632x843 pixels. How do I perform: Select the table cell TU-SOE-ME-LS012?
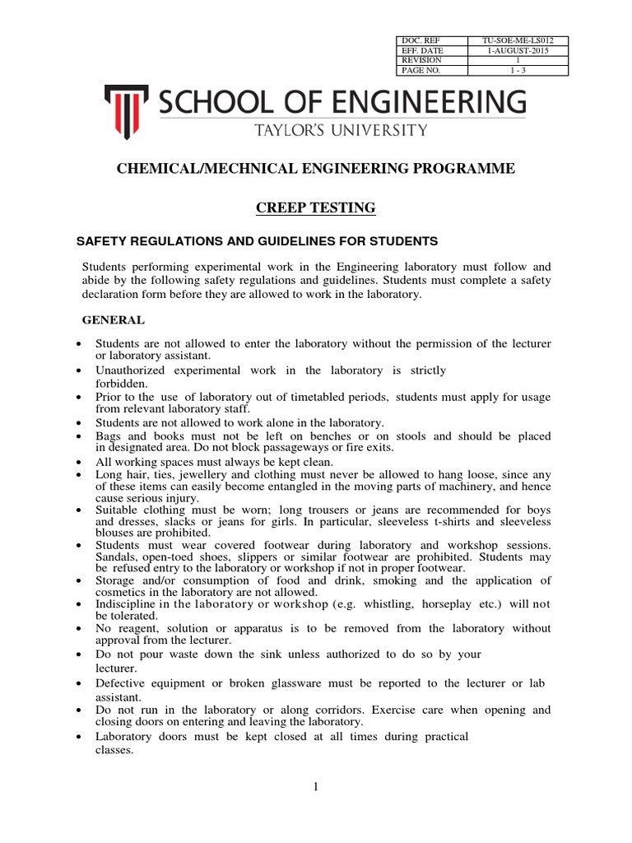pyautogui.click(x=518, y=40)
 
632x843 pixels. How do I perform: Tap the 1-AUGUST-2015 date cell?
pyautogui.click(x=518, y=50)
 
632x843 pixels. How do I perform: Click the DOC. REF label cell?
pyautogui.click(x=431, y=40)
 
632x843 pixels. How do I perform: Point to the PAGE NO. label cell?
pyautogui.click(x=431, y=71)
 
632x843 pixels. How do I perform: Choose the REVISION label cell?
pyautogui.click(x=431, y=60)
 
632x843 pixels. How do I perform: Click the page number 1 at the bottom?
pyautogui.click(x=315, y=787)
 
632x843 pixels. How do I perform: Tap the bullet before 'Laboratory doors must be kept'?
pyautogui.click(x=77, y=737)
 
